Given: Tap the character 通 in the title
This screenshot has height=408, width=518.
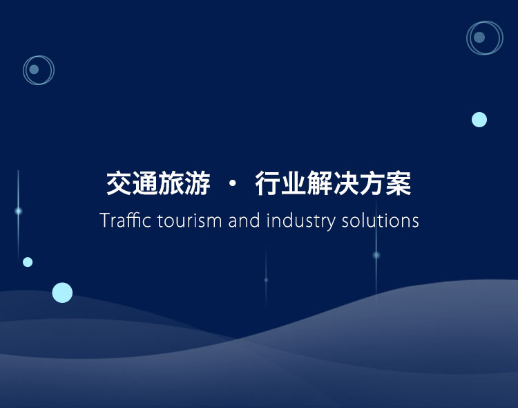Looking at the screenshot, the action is point(145,183).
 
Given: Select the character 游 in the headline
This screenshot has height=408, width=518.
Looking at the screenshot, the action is point(198,183).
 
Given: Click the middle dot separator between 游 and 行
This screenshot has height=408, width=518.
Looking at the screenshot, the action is point(233,183).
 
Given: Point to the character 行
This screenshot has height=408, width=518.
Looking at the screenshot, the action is point(268,183).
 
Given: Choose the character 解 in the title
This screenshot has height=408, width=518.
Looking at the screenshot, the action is point(320,183).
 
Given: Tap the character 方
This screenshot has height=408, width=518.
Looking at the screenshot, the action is point(372,183).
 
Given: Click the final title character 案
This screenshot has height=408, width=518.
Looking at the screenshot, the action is point(399,183).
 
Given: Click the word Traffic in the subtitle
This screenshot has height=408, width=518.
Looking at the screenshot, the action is point(126,220).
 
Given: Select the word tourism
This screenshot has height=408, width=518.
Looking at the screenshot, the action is point(189,221).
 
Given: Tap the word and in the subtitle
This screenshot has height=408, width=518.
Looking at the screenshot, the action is point(244,220).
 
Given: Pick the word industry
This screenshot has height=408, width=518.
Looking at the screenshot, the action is point(300,221).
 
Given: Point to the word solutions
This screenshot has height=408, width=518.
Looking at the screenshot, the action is point(381,221).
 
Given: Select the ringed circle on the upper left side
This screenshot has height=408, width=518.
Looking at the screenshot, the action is point(23,70).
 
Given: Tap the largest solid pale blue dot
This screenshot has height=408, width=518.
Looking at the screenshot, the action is point(62,293).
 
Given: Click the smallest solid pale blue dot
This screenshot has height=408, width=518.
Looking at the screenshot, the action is point(28,262).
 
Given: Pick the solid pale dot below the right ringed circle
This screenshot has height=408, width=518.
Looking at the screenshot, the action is point(479,120).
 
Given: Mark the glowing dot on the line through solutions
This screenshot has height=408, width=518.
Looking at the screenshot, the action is point(376,254).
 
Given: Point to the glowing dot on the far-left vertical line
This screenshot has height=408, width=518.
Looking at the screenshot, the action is point(19,211).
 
